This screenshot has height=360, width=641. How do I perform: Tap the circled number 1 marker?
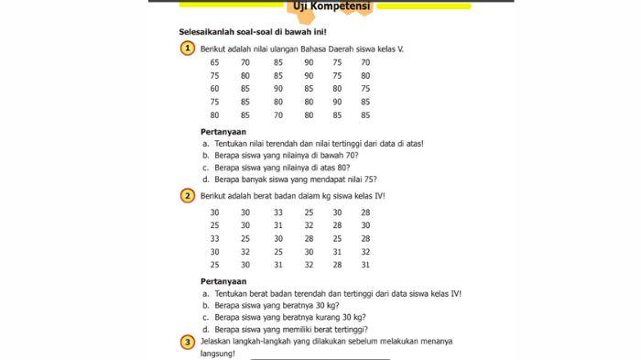187,47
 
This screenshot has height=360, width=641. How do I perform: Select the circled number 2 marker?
187,196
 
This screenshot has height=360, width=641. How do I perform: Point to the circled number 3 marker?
187,341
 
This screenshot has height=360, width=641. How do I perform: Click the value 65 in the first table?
214,62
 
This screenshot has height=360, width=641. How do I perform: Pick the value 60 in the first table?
214,89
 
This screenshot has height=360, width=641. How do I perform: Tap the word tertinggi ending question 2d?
348,329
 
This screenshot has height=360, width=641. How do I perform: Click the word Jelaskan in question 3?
218,342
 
